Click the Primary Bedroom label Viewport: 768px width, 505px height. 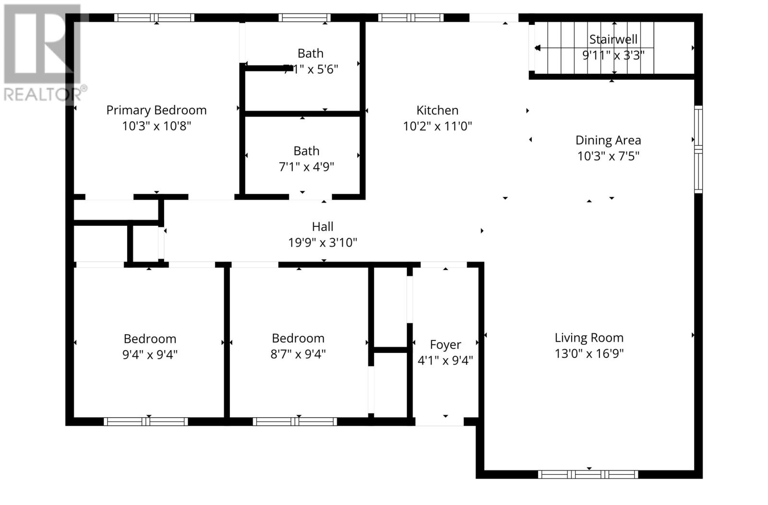coord(156,110)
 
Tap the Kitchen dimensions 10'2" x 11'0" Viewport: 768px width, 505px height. coord(437,126)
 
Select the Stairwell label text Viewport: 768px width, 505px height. coord(613,39)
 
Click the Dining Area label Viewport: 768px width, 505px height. coord(608,140)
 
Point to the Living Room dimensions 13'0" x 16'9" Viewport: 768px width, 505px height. coord(588,353)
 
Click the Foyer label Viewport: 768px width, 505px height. coord(445,344)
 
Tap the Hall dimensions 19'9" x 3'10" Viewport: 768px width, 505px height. coord(322,243)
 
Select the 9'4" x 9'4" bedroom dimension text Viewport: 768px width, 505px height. coord(150,355)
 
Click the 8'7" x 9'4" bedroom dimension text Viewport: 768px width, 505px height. coord(298,354)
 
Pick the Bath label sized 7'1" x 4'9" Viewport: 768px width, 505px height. coord(306,151)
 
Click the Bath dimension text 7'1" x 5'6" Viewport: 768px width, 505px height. coord(311,70)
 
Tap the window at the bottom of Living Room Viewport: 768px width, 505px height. coord(588,474)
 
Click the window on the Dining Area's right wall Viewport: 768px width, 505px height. coord(698,149)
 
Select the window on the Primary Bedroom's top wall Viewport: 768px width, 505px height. coord(154,18)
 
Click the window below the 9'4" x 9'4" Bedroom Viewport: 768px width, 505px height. coord(146,422)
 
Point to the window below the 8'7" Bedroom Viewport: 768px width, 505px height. coord(295,422)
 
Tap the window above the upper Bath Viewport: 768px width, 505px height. coord(304,18)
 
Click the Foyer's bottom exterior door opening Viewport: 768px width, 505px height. coord(439,422)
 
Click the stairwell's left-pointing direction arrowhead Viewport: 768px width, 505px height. coord(537,48)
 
